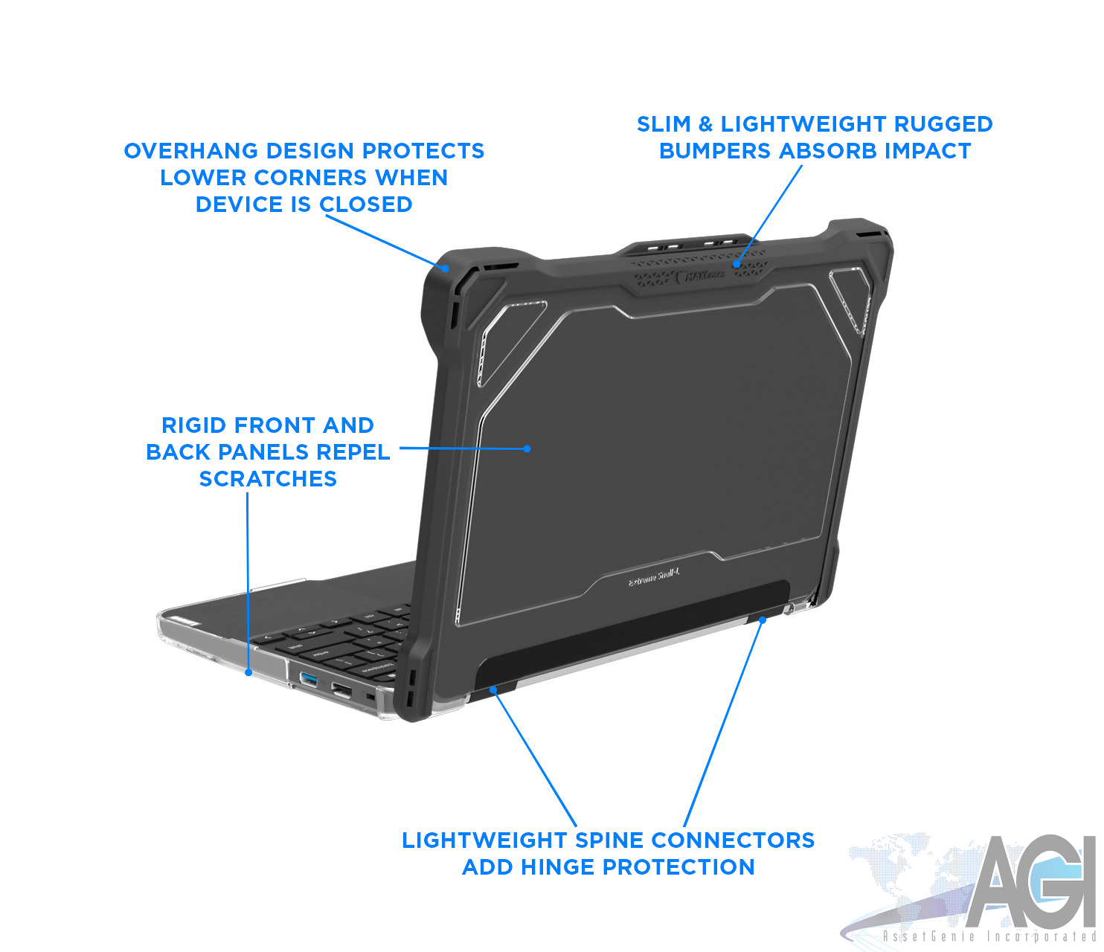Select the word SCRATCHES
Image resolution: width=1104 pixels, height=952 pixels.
(x=268, y=479)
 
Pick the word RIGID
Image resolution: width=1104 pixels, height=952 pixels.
(x=194, y=425)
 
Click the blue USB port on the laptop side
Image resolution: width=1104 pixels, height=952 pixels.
(x=308, y=678)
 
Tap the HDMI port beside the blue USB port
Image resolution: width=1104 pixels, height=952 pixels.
(x=341, y=690)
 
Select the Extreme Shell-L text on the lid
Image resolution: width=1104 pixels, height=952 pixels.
(x=654, y=578)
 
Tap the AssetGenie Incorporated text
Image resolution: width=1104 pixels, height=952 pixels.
(x=989, y=936)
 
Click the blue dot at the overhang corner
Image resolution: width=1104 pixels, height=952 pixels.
(x=445, y=268)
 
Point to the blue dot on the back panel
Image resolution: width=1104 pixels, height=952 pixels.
(x=527, y=448)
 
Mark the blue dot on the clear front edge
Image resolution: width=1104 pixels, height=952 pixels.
(x=248, y=672)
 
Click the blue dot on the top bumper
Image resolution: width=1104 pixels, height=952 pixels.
(x=736, y=263)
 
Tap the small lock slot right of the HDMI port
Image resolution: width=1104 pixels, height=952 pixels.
(x=370, y=698)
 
